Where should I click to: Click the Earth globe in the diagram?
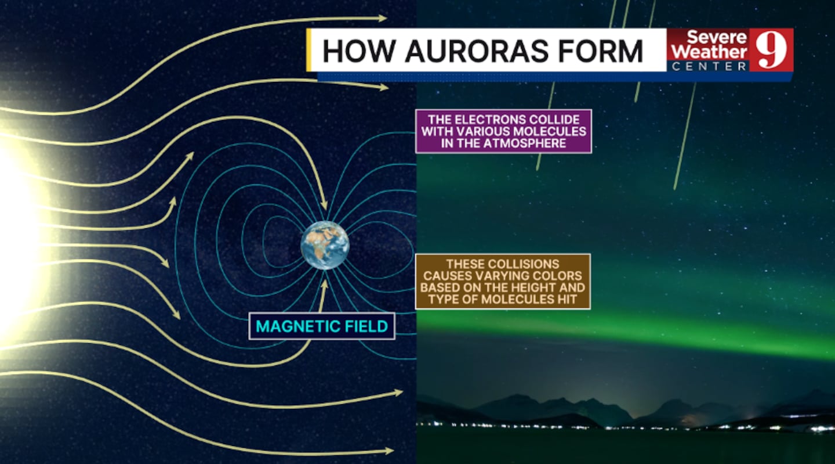point(325,245)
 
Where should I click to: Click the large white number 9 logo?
point(771,49)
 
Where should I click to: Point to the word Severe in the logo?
point(717,37)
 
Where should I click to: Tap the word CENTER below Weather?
point(709,66)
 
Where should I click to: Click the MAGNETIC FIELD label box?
point(322,326)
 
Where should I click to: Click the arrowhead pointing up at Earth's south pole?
point(324,285)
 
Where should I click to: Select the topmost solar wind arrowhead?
point(383,18)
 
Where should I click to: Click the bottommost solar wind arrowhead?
point(389,451)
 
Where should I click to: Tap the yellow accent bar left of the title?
point(308,49)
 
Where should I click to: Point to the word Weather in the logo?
point(709,52)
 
